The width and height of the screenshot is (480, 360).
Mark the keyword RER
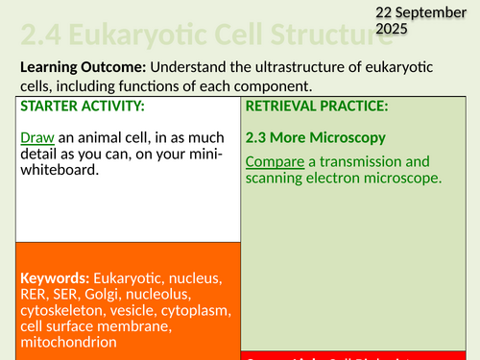point(35,295)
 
